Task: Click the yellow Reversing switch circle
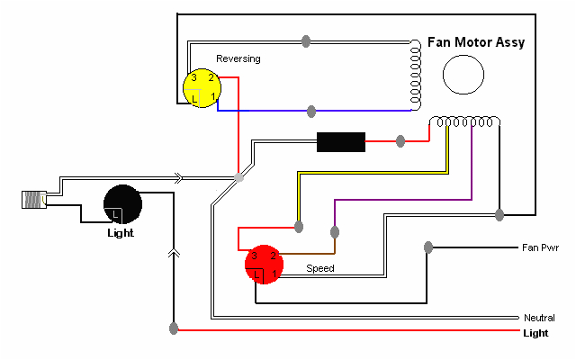click(x=201, y=88)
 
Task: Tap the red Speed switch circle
click(x=264, y=265)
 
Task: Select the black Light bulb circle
click(x=123, y=204)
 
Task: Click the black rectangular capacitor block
click(x=341, y=142)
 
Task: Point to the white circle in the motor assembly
click(x=464, y=74)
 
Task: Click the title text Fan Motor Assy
click(x=477, y=42)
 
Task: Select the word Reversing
click(x=238, y=58)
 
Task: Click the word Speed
click(x=320, y=268)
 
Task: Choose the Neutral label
click(x=540, y=318)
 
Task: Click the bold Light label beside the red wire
click(x=535, y=332)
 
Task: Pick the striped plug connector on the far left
click(x=32, y=200)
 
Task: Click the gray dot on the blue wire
click(x=311, y=111)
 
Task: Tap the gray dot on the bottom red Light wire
click(x=173, y=329)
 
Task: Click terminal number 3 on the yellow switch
click(x=193, y=79)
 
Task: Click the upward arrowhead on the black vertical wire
click(x=173, y=255)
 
